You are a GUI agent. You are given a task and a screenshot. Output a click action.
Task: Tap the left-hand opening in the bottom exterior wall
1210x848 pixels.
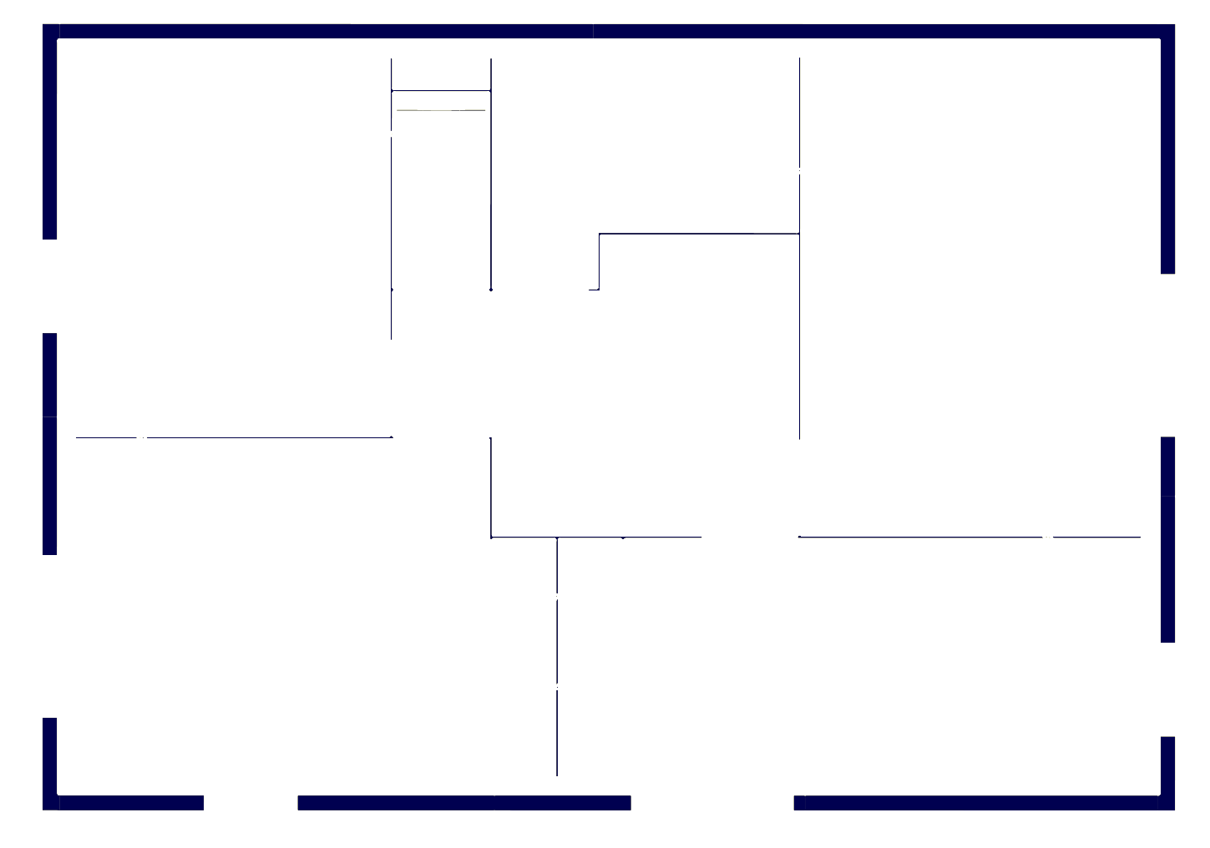coord(251,803)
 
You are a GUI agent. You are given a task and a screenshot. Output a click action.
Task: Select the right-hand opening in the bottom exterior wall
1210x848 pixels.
coord(711,803)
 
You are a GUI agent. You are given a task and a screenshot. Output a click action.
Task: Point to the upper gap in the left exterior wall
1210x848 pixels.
coord(50,286)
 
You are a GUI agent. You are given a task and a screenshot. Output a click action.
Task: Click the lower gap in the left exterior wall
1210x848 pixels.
coord(50,636)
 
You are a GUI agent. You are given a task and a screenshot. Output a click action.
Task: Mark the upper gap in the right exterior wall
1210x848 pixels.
coord(1167,355)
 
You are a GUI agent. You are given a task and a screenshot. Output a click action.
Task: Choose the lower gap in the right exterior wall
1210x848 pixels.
coord(1167,689)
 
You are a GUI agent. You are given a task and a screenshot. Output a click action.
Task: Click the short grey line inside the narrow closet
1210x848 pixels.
coord(441,110)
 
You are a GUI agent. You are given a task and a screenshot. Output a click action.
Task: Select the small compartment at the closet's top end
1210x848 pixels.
coord(441,73)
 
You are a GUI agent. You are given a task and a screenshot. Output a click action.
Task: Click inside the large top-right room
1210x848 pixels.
coord(977,250)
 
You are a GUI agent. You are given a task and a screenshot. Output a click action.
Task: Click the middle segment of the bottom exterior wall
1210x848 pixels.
coord(463,803)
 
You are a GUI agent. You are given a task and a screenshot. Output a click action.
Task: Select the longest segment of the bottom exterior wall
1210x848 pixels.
coord(977,803)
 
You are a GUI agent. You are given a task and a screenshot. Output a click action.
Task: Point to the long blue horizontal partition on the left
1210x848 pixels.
coord(251,437)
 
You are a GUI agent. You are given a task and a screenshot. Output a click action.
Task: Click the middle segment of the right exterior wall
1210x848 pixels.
coord(1167,539)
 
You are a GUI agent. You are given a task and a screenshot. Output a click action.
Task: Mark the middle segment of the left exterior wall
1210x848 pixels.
coord(50,442)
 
